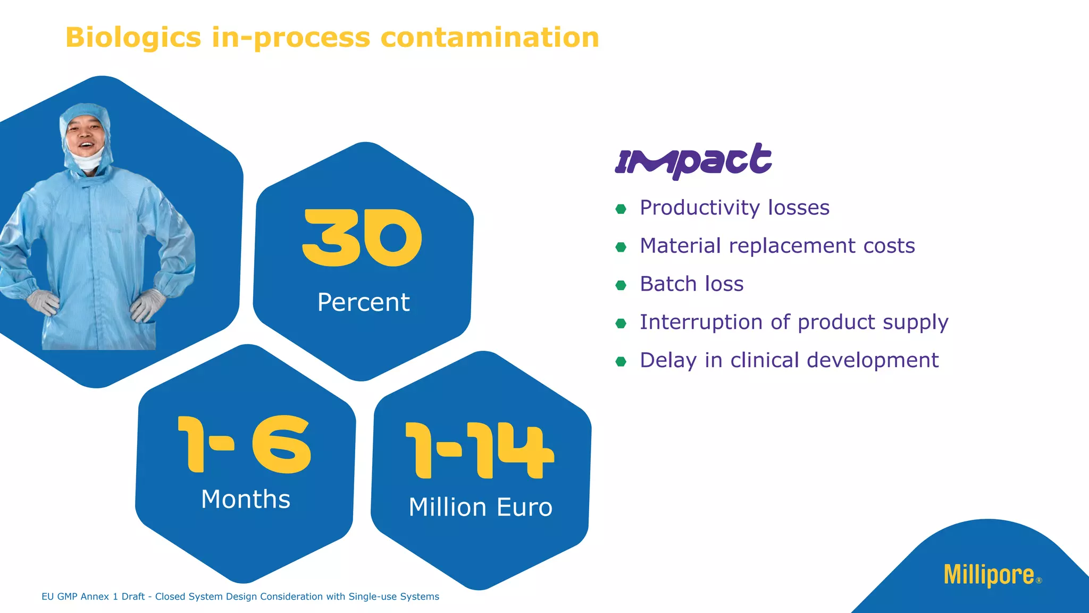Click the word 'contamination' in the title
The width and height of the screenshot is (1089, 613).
490,38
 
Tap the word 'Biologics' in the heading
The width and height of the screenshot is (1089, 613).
133,38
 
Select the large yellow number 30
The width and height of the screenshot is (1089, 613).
362,237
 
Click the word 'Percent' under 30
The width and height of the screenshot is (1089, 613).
363,302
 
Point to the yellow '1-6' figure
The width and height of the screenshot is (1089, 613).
244,444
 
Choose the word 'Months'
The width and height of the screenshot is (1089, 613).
246,499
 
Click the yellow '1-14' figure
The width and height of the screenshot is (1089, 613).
480,450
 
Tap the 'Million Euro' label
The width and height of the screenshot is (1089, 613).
480,507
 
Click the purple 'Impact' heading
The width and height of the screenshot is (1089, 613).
693,161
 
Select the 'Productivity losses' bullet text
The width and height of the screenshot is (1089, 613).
734,208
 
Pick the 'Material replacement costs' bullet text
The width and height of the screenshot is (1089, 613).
777,246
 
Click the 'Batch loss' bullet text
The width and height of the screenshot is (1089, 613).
691,284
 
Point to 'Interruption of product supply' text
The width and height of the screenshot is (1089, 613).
794,322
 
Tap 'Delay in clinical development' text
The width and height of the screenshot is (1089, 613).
789,360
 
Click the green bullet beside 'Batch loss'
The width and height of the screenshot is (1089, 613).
621,285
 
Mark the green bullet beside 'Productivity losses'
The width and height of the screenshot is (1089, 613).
621,209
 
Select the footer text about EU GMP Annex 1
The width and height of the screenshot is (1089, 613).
240,597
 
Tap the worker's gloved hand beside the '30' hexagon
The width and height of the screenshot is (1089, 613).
148,305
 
